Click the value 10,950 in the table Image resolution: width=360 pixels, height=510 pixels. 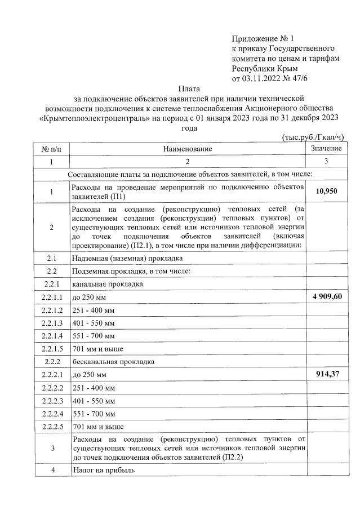tap(327, 192)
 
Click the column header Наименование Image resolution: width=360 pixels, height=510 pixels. tap(188, 149)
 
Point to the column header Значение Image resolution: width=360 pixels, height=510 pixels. tap(327, 148)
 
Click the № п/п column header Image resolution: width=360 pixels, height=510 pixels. tap(51, 149)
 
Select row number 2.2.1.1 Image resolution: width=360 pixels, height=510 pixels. tap(51, 296)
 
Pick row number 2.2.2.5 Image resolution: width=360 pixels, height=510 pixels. tap(51, 426)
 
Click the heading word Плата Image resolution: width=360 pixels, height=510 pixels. tap(188, 88)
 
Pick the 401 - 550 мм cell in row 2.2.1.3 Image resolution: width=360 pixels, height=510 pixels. tap(94, 322)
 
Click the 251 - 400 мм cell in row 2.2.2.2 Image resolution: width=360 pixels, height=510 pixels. tap(94, 387)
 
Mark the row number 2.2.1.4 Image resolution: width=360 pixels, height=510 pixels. tap(51, 335)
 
